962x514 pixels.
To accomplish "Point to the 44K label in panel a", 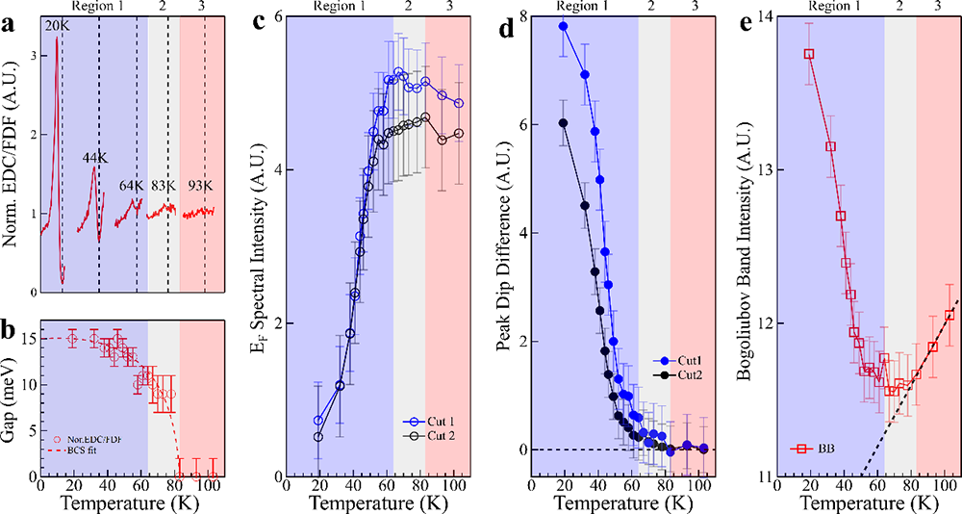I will point(92,156).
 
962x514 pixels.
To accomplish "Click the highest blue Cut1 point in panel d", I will point(563,26).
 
